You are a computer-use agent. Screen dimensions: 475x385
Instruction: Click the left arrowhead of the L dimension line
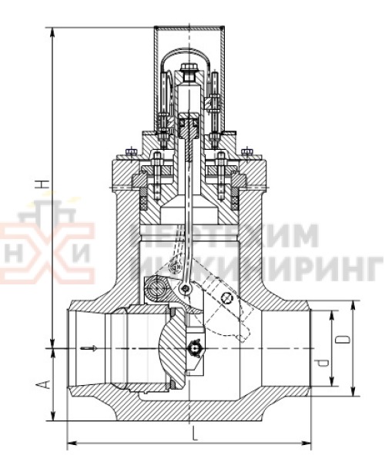pyautogui.click(x=72, y=443)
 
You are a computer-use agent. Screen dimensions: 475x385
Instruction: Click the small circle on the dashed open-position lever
pyautogui.click(x=225, y=297)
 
